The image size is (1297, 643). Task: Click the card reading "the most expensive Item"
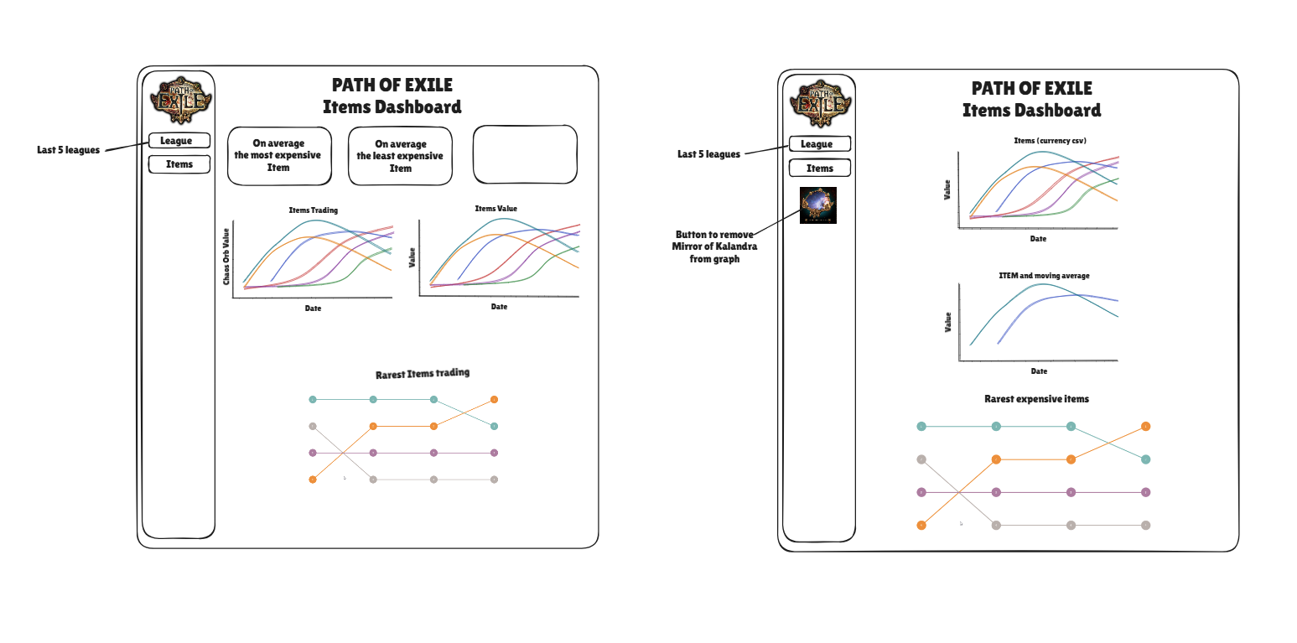click(x=280, y=156)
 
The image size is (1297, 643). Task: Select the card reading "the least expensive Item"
click(x=400, y=156)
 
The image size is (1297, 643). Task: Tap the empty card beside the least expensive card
click(x=525, y=154)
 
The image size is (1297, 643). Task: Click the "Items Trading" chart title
click(x=314, y=210)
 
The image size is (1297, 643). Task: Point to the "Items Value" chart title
click(x=496, y=209)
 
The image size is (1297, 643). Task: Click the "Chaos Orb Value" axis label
click(x=226, y=257)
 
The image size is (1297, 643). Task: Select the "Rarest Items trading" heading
click(x=423, y=374)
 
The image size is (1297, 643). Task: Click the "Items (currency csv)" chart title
click(x=1050, y=141)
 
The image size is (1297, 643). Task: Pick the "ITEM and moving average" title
click(x=1044, y=276)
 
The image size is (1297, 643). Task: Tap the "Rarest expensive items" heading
click(x=1036, y=399)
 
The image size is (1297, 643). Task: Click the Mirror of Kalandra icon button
click(x=818, y=205)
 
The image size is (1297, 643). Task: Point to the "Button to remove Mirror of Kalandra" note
click(x=714, y=246)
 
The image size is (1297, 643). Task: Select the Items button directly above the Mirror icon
click(x=820, y=169)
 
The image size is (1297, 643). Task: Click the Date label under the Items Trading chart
click(x=314, y=309)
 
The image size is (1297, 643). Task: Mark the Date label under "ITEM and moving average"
click(x=1039, y=371)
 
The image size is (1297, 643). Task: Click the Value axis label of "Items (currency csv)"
click(x=947, y=189)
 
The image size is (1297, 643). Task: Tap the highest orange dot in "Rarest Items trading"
click(x=494, y=399)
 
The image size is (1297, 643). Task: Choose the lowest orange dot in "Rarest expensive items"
click(x=921, y=526)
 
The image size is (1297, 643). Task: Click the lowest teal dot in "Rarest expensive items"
click(x=1145, y=459)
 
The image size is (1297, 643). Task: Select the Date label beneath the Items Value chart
click(x=499, y=307)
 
